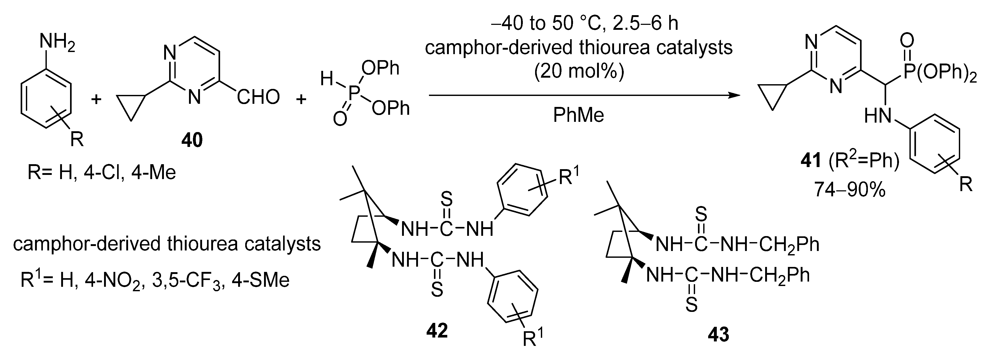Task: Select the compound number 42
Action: pyautogui.click(x=437, y=330)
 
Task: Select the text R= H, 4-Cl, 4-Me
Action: pyautogui.click(x=102, y=172)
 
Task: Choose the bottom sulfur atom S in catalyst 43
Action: pyautogui.click(x=691, y=305)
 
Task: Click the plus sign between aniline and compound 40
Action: pyautogui.click(x=96, y=100)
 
